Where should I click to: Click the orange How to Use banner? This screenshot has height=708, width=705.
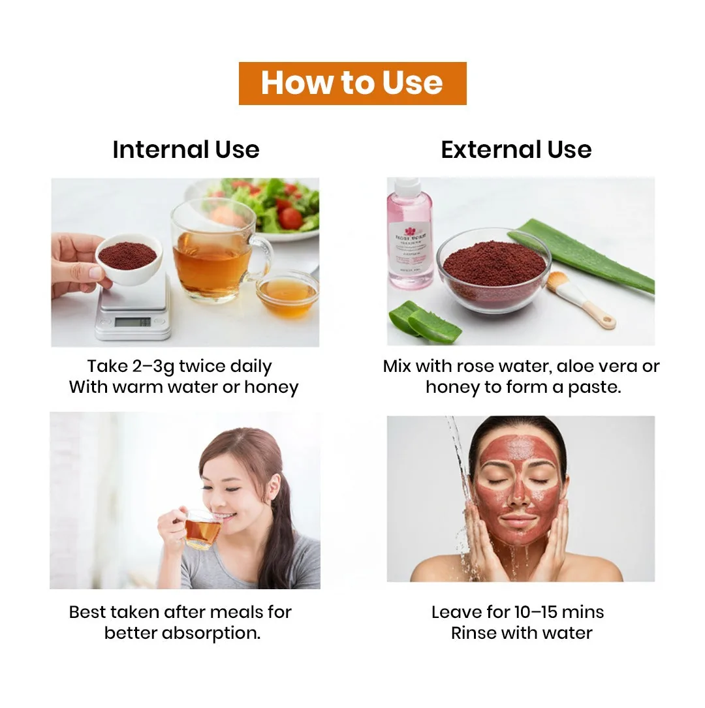point(352,83)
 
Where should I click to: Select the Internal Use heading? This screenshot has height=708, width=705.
point(185,149)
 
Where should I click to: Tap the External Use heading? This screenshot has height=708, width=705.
point(516,149)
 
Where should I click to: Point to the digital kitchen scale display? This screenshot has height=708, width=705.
point(133,322)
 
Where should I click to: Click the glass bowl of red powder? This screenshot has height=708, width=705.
point(494,269)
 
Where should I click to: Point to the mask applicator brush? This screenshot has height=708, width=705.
point(580,298)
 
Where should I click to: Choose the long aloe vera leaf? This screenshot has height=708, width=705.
point(582,254)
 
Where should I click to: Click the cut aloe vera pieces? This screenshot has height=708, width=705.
point(424,322)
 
